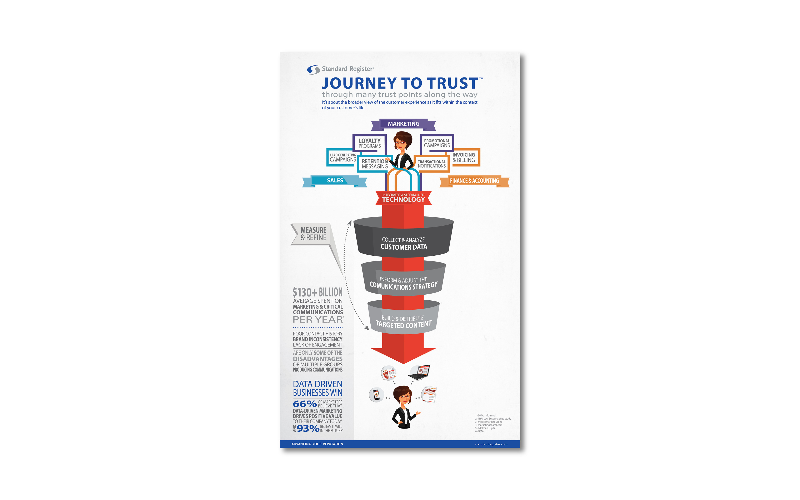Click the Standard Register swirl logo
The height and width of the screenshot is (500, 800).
[x=313, y=69]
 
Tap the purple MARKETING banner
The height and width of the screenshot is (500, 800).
[x=403, y=124]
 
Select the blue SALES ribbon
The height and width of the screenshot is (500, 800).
[x=335, y=181]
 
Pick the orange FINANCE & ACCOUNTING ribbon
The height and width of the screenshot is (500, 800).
[x=474, y=181]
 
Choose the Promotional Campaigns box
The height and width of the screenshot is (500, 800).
[x=437, y=143]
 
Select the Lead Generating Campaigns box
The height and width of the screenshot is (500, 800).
[x=342, y=157]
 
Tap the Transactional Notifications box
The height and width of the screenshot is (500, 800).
[x=431, y=164]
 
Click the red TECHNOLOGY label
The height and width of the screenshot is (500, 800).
[x=403, y=198]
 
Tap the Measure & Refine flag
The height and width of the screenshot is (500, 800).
[x=313, y=234]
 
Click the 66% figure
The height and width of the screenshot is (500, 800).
[x=304, y=404]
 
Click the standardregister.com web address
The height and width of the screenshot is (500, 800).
[x=491, y=444]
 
